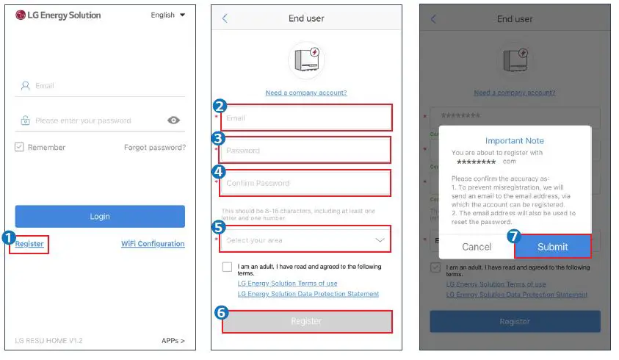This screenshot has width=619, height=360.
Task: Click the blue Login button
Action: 100,216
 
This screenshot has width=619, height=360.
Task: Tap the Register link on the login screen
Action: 29,244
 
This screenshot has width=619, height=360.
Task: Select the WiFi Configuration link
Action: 153,244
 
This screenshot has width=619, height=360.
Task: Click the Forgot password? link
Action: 154,147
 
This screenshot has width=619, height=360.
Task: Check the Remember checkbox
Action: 20,147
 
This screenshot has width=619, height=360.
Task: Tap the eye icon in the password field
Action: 174,120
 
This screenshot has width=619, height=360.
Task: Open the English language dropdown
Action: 168,15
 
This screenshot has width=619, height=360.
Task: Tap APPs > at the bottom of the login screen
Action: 173,341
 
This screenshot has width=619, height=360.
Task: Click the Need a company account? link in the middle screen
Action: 306,93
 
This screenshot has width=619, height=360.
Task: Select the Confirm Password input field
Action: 306,183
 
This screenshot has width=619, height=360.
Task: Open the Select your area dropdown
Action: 306,240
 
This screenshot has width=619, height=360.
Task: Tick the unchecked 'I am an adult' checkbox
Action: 228,267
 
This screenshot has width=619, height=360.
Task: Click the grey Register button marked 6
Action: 306,321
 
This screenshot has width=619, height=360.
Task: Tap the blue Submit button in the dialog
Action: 552,247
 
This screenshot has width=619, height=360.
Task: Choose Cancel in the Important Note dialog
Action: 477,247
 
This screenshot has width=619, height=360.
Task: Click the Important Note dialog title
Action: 515,140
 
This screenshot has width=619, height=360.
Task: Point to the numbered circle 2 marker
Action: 218,106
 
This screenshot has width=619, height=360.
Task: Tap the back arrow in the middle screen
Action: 225,18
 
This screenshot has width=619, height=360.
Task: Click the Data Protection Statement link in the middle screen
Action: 308,294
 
